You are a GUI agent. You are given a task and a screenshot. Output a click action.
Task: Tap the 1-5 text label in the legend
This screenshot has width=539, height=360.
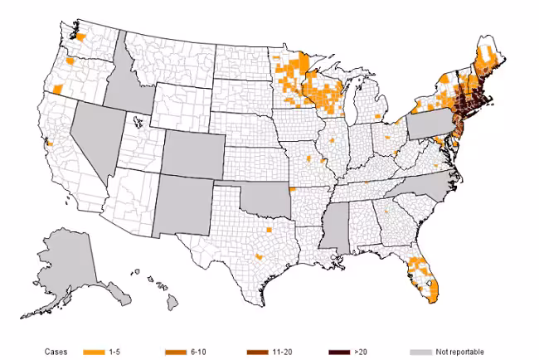116,351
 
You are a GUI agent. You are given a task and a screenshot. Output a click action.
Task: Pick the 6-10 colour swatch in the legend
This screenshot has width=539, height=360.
176,351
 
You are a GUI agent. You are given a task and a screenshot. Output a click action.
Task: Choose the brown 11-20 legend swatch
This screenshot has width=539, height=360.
259,351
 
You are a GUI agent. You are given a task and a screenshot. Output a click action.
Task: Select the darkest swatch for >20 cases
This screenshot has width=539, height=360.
339,351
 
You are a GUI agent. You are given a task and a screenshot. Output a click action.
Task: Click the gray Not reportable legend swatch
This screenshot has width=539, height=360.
422,351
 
